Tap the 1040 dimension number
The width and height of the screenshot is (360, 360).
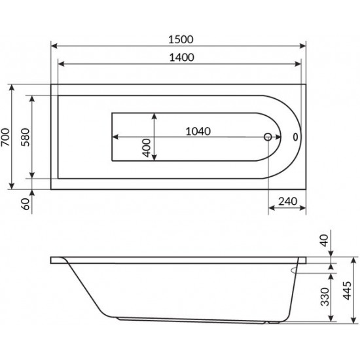click(x=198, y=130)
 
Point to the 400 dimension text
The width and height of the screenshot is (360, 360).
click(x=147, y=150)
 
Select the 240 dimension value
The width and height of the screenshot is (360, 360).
click(x=288, y=200)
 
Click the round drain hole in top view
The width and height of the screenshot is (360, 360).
click(x=268, y=137)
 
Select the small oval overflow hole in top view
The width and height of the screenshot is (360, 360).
click(x=296, y=137)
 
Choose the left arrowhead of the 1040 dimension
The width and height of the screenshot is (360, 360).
click(x=115, y=137)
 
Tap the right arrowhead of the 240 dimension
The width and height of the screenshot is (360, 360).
click(x=304, y=209)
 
